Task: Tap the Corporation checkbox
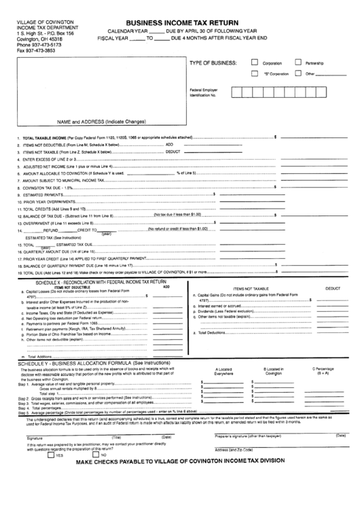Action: tap(255, 62)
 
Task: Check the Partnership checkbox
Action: tap(298, 62)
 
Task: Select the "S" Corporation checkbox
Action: tap(255, 73)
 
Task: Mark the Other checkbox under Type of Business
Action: tap(298, 73)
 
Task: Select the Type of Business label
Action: tap(213, 63)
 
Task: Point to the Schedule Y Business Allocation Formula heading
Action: tap(85, 364)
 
